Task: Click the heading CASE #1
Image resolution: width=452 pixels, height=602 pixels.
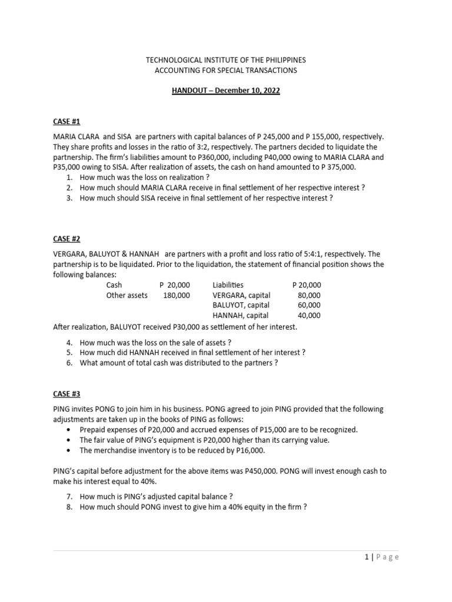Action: coord(67,122)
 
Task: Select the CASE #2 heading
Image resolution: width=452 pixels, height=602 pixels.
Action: coord(67,239)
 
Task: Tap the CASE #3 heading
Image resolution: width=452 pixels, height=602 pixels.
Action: coord(67,394)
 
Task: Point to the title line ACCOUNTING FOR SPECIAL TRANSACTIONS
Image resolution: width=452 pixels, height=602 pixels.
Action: coord(225,71)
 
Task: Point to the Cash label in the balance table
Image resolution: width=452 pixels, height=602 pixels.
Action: coord(114,285)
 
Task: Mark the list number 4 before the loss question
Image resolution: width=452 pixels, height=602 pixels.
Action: coord(69,342)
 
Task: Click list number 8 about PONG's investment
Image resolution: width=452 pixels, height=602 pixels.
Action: coord(69,507)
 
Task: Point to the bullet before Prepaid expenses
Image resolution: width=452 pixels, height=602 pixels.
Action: coord(71,430)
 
